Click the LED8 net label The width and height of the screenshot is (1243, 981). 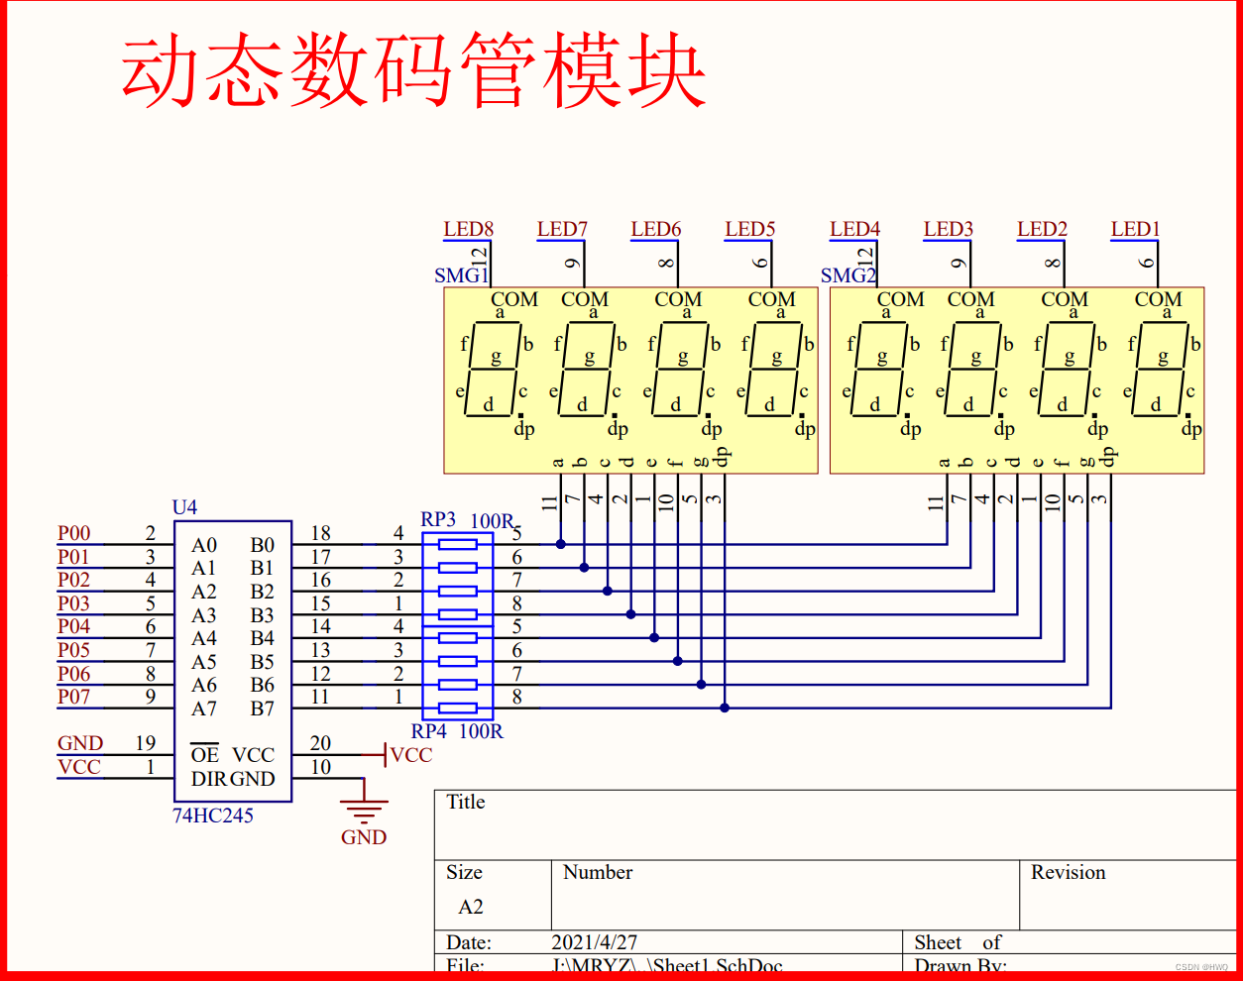pyautogui.click(x=468, y=229)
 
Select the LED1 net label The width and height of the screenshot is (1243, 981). pyautogui.click(x=1135, y=229)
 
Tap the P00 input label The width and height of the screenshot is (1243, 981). pyautogui.click(x=73, y=533)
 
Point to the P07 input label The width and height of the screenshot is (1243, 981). pyautogui.click(x=73, y=697)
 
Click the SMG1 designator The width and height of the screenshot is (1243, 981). pyautogui.click(x=460, y=275)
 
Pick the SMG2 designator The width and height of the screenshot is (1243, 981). pyautogui.click(x=847, y=275)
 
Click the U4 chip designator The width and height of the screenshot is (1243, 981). pyautogui.click(x=184, y=507)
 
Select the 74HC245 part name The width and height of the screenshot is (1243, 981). pyautogui.click(x=213, y=816)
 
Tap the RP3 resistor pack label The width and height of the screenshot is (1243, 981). pyautogui.click(x=438, y=519)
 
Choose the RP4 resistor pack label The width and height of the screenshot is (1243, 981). pyautogui.click(x=428, y=731)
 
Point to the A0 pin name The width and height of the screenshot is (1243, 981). pyautogui.click(x=204, y=545)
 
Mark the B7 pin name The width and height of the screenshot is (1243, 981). pyautogui.click(x=262, y=708)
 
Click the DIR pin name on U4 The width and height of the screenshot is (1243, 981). pyautogui.click(x=209, y=779)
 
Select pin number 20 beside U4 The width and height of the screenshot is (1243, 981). pyautogui.click(x=320, y=743)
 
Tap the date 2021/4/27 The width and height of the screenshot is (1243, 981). pyautogui.click(x=594, y=942)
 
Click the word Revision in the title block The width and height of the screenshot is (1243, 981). pyautogui.click(x=1068, y=872)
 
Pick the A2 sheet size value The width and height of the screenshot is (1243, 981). pyautogui.click(x=471, y=907)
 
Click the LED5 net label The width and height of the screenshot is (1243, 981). pyautogui.click(x=749, y=229)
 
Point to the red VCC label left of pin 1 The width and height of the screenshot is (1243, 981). pyautogui.click(x=79, y=767)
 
